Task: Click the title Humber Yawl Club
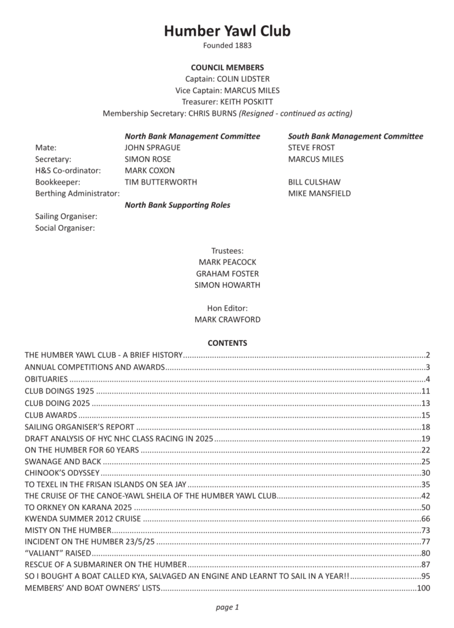(x=227, y=31)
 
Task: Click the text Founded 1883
(x=227, y=45)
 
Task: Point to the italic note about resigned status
(x=295, y=113)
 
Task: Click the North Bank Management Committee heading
(x=192, y=136)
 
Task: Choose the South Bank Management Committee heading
(x=355, y=136)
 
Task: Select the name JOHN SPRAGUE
(x=153, y=147)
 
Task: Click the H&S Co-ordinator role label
(x=67, y=170)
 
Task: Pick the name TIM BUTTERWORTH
(x=161, y=182)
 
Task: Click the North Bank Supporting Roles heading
(x=177, y=205)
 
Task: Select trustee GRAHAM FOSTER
(x=227, y=274)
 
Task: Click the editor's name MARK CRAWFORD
(x=227, y=320)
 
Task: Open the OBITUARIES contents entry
(x=47, y=379)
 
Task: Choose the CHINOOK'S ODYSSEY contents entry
(x=62, y=473)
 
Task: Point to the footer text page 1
(x=227, y=608)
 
